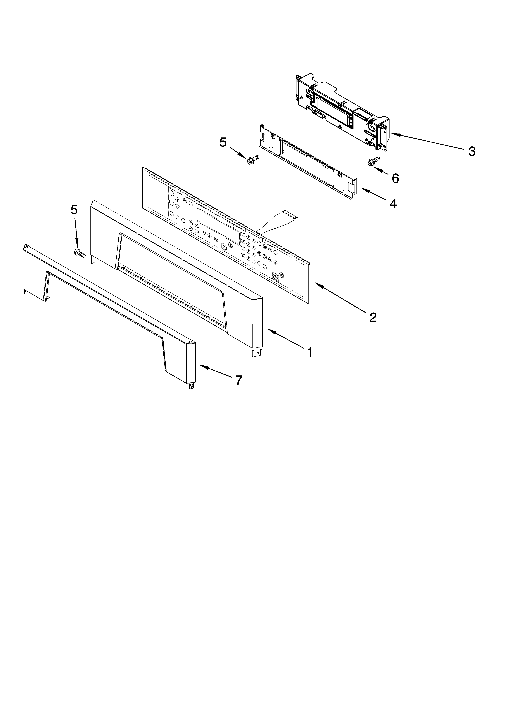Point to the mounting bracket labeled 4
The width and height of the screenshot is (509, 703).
point(307,161)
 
